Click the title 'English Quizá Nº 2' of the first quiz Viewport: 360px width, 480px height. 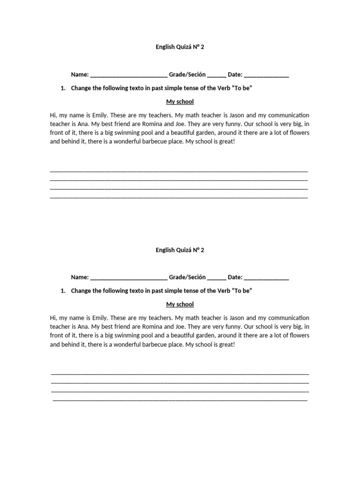(180, 47)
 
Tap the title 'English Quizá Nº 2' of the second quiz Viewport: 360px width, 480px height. (180, 250)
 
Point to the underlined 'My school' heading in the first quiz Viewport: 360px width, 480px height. (180, 102)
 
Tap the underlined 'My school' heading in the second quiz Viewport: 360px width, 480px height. (180, 305)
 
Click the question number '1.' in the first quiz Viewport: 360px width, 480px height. (64, 88)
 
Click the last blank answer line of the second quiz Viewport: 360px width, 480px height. (180, 400)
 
